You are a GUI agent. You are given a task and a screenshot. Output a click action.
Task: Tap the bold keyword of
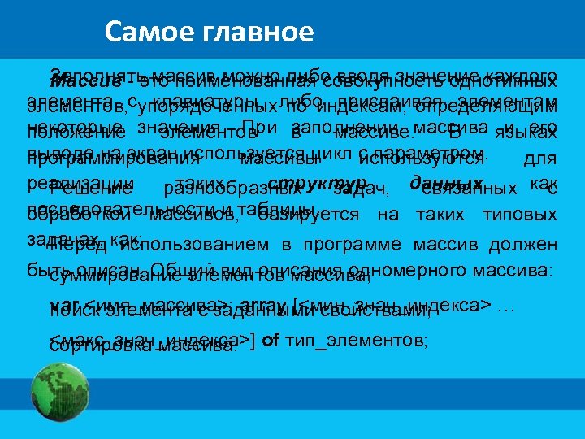pos(273,340)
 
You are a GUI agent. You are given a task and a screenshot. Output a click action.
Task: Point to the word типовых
pos(519,215)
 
